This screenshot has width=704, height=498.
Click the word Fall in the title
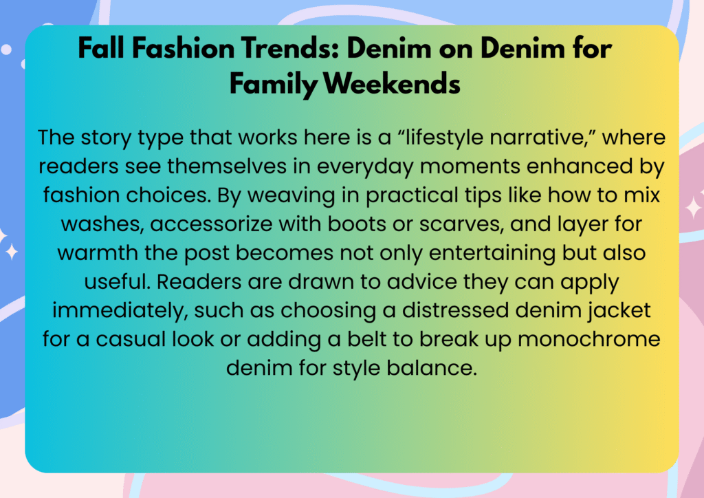[100, 47]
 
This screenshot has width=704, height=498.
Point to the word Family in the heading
[274, 85]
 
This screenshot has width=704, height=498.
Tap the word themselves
[227, 166]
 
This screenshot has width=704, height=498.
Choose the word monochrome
[588, 339]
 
